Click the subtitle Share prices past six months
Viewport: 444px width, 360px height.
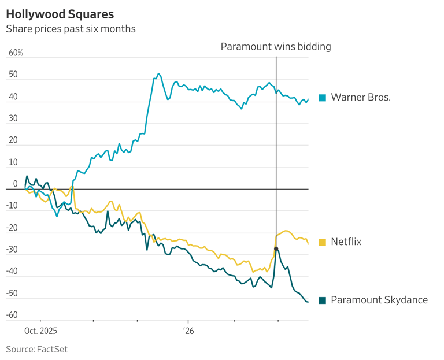pos(71,29)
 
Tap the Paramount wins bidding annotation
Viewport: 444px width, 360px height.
pos(276,47)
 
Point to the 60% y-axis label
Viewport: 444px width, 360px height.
pos(16,53)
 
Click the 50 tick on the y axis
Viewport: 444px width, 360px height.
pos(13,75)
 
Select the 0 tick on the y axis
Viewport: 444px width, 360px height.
pos(15,184)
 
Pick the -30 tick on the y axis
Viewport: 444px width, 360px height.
pos(12,250)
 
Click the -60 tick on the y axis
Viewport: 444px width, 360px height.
pos(12,316)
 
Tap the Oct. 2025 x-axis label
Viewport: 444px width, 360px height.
pos(40,331)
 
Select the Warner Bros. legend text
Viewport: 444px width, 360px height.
pos(361,97)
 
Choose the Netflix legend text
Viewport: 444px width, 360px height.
pos(346,242)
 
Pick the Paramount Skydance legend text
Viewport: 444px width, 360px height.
pos(379,300)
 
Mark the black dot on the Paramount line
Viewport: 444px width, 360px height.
pos(276,248)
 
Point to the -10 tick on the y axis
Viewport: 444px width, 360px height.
pos(12,206)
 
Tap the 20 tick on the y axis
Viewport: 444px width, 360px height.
pos(13,140)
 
